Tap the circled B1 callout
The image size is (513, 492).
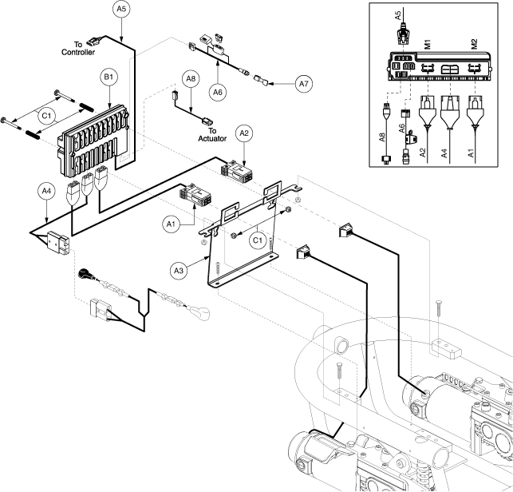click(108, 78)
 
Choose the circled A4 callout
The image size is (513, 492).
click(47, 192)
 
